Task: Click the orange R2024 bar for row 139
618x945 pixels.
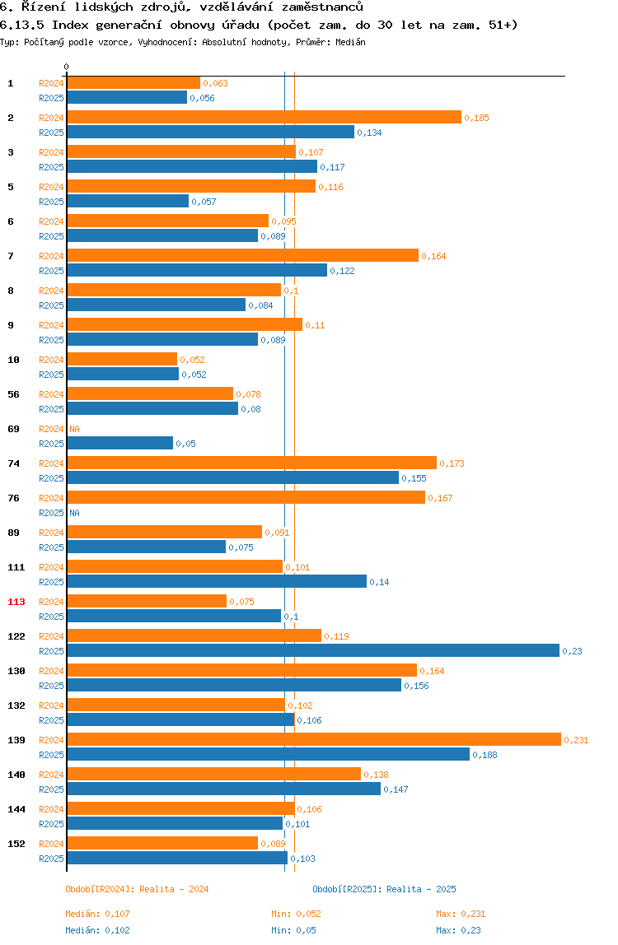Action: click(x=313, y=739)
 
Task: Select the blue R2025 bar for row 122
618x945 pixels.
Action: click(x=313, y=650)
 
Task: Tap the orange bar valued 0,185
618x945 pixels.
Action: click(x=264, y=117)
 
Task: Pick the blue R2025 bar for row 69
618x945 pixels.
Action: click(x=120, y=443)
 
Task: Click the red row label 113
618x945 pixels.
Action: click(x=16, y=602)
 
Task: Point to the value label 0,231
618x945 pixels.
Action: click(x=576, y=740)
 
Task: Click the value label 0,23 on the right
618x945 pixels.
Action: click(x=572, y=651)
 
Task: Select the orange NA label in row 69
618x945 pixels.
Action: click(x=74, y=429)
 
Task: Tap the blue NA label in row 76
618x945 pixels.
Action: click(x=74, y=513)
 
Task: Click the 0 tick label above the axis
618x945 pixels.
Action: click(x=67, y=67)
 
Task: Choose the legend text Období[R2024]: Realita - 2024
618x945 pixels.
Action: click(x=137, y=889)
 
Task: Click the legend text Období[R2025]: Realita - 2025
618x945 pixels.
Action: click(x=384, y=889)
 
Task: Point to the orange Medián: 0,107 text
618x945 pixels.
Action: click(x=97, y=914)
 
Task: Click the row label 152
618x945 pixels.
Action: click(x=16, y=844)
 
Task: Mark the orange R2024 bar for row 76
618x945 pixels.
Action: click(x=246, y=497)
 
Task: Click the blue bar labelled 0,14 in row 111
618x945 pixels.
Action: click(x=217, y=581)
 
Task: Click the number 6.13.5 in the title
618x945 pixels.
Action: click(x=22, y=25)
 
